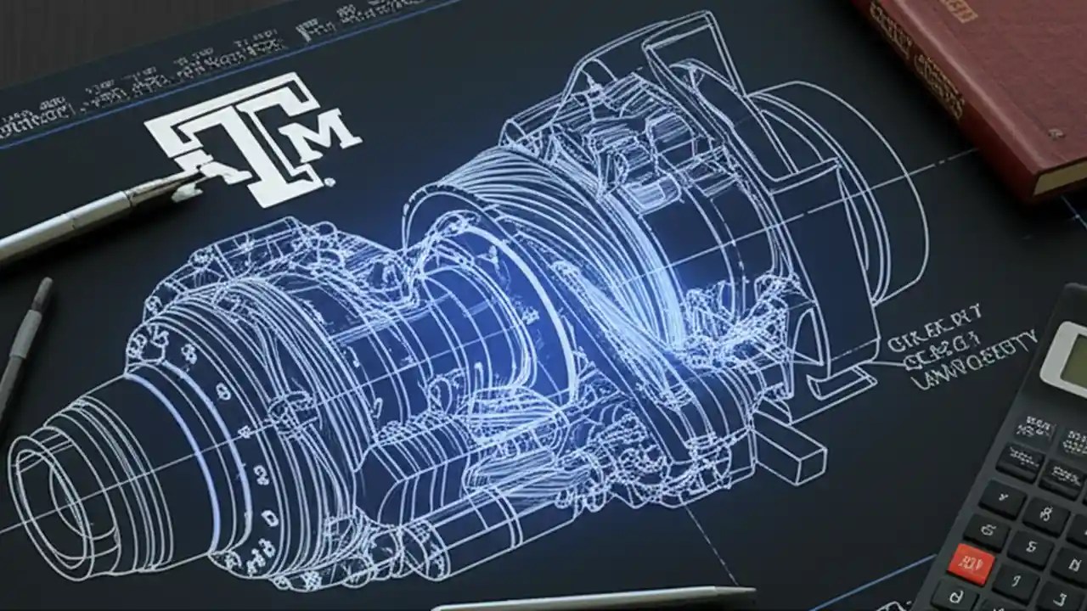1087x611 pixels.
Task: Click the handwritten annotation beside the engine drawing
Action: pyautogui.click(x=960, y=348)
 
